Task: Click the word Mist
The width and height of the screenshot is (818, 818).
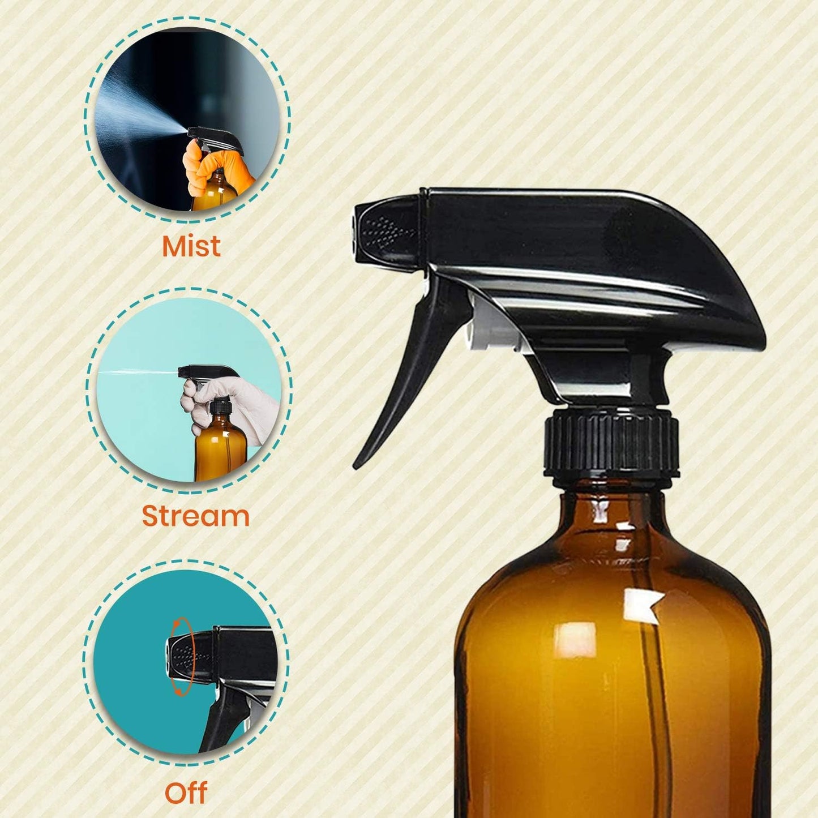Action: click(x=191, y=246)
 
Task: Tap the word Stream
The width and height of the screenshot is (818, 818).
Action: click(x=195, y=516)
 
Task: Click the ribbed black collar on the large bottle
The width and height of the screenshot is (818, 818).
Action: click(x=611, y=442)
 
